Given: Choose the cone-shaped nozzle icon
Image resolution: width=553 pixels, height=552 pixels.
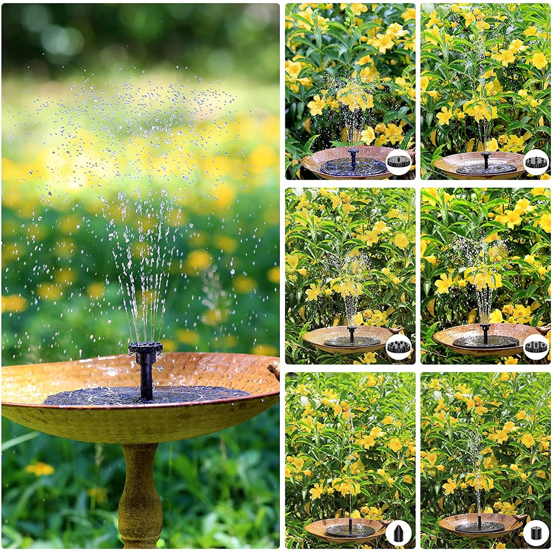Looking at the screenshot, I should click(398, 533).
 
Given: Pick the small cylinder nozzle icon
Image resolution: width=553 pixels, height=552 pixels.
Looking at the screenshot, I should click(536, 533).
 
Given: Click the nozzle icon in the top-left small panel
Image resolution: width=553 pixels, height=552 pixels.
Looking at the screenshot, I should click(398, 162).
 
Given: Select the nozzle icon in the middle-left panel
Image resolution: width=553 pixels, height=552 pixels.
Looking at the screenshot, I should click(398, 347).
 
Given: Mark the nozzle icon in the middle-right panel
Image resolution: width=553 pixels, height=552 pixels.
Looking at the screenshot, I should click(536, 347).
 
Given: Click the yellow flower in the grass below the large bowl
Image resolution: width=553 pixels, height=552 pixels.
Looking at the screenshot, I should click(40, 469).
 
